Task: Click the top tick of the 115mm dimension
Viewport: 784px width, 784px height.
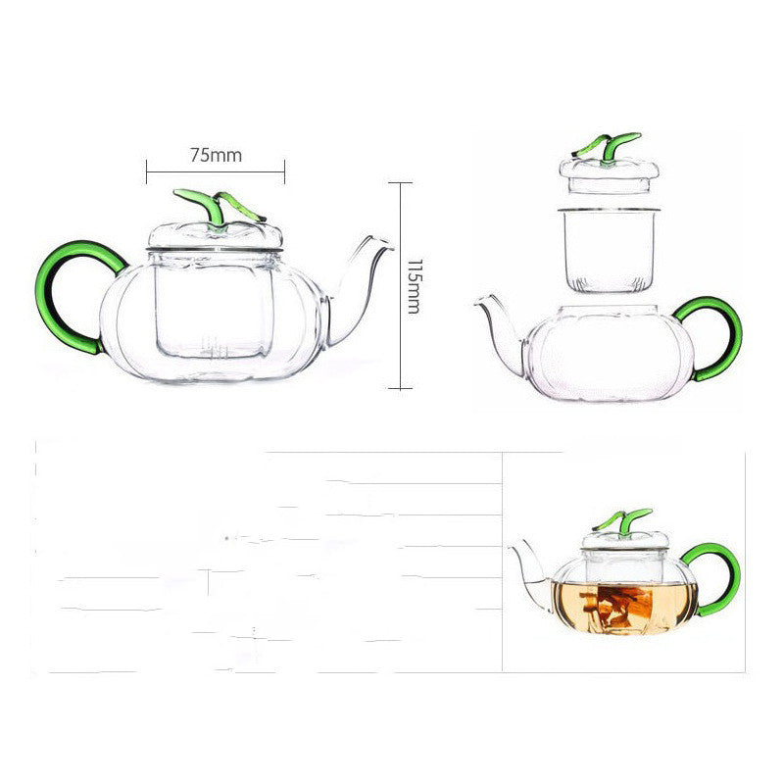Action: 400,182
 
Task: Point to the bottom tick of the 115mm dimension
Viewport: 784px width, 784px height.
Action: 400,388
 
